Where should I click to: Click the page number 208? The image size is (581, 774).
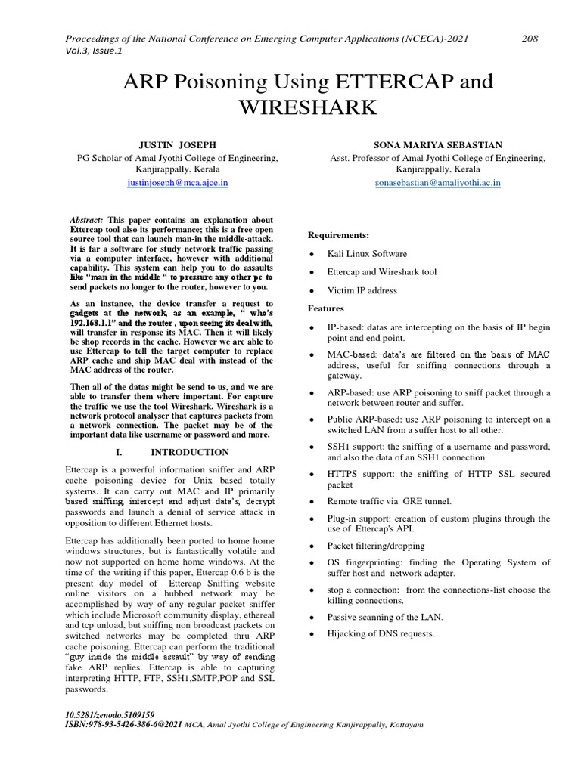(x=530, y=39)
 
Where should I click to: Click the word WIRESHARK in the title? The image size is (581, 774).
(x=307, y=108)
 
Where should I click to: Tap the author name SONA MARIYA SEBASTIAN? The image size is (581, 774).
(x=437, y=144)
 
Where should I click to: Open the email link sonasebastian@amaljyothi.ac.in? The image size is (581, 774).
(x=437, y=183)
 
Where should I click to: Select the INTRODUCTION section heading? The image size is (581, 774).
(x=190, y=452)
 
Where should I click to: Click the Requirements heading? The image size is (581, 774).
(x=339, y=235)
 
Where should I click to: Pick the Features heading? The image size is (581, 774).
(x=326, y=308)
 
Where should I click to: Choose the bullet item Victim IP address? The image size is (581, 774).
(x=362, y=290)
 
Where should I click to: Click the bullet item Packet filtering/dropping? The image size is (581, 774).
(x=376, y=545)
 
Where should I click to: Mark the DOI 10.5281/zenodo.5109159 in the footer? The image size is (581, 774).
(x=111, y=714)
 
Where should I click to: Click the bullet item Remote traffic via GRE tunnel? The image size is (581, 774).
(x=389, y=501)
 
